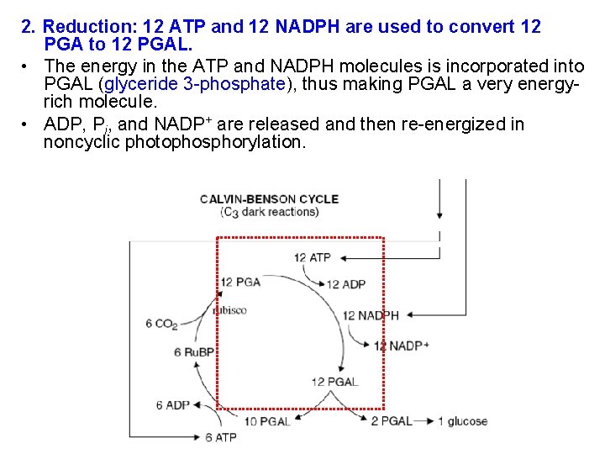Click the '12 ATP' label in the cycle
click(313, 257)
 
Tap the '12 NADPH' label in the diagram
click(371, 316)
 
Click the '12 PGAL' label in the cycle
click(334, 382)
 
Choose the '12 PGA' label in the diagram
click(240, 282)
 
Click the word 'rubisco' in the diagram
click(229, 310)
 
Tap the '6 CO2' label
click(161, 323)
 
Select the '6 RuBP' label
click(194, 351)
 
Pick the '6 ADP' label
click(173, 405)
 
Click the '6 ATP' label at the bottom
click(221, 437)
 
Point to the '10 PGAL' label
click(267, 421)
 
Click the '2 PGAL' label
click(392, 421)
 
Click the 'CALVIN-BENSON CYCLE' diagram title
click(269, 199)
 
